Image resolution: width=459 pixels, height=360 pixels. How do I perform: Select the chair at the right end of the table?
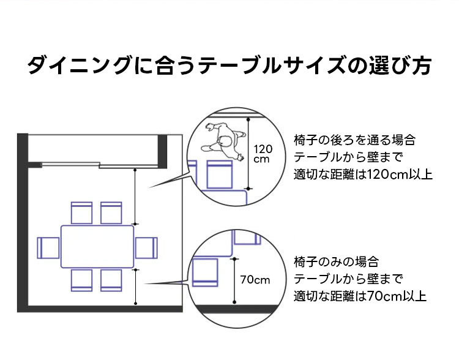tap(146, 248)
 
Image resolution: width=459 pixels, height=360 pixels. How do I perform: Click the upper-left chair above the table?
tap(81, 212)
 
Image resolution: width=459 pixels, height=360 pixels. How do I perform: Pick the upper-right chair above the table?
tap(111, 212)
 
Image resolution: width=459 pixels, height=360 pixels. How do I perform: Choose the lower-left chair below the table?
tap(81, 279)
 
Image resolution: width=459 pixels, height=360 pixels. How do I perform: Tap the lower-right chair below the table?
tap(111, 279)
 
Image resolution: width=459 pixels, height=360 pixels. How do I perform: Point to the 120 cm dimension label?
tap(262, 154)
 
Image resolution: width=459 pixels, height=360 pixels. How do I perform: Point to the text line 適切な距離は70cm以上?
tap(360, 297)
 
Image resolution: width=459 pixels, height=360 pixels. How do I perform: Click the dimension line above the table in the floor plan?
tap(136, 196)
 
